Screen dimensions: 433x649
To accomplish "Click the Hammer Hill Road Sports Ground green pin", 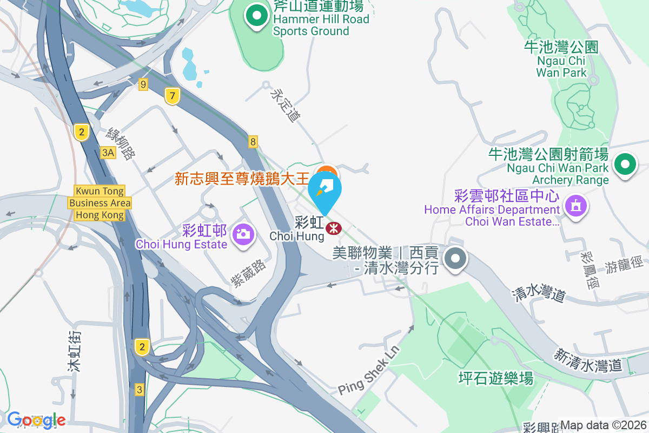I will coord(256,16).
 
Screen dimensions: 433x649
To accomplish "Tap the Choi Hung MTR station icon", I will coord(334,228).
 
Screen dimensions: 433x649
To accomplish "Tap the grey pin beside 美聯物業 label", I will coord(455,259).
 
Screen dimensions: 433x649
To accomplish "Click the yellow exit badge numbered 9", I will coord(143,84).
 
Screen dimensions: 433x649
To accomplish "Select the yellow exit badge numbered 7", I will coord(172,96).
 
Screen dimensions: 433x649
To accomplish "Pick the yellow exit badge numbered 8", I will coord(253,142).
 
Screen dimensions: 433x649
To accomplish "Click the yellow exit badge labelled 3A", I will coord(108,153).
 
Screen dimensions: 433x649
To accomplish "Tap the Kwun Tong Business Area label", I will coord(100,203).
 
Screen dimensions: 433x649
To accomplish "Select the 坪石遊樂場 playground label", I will coord(495,378).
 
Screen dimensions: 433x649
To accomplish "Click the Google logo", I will coord(36,419).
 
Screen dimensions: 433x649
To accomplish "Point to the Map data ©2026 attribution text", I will coord(603,425).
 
